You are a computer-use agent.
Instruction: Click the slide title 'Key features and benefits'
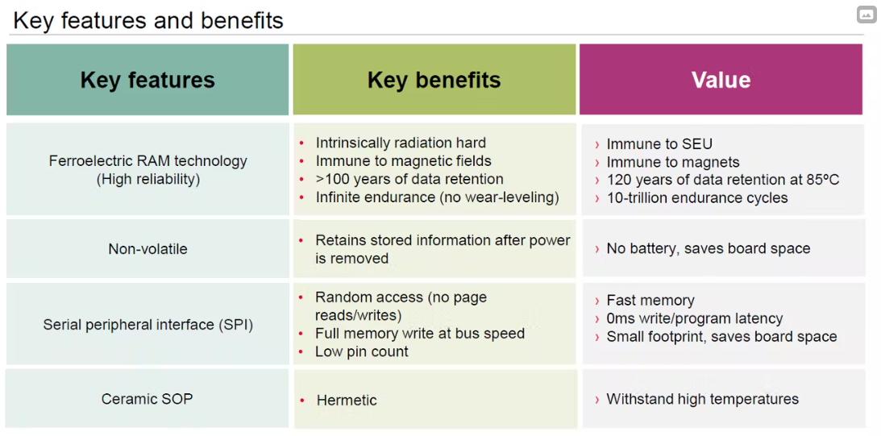[148, 20]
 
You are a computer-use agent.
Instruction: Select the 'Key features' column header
[148, 80]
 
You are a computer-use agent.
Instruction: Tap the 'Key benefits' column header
[434, 80]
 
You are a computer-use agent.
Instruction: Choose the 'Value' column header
[721, 80]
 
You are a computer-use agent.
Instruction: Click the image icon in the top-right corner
[866, 15]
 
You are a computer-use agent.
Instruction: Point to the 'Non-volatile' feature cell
[148, 248]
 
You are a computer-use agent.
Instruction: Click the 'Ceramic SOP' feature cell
[148, 399]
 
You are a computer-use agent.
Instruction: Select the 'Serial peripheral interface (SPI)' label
[148, 325]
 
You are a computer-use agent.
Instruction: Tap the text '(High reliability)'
[148, 179]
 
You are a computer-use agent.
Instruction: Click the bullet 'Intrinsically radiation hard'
[401, 143]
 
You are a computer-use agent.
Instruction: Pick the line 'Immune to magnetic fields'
[403, 161]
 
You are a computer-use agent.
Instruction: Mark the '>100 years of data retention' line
[409, 179]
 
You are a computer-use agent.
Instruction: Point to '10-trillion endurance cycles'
[697, 197]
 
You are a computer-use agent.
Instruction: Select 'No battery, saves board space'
[709, 248]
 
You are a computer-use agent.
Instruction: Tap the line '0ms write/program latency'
[695, 318]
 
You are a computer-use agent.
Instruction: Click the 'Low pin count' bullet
[362, 351]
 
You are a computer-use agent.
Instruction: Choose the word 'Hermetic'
[347, 400]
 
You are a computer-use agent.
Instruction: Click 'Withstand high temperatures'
[702, 399]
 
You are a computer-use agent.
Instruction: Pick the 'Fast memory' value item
[650, 301]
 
